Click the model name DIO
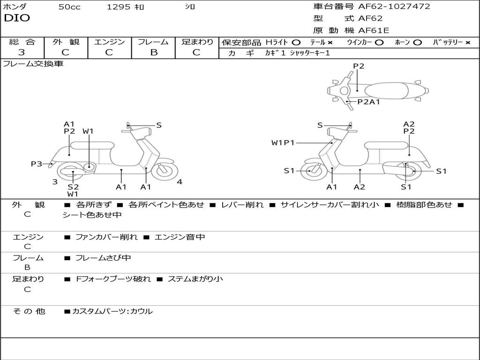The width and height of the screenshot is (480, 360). coord(17,18)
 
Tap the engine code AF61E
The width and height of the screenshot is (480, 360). coord(374,30)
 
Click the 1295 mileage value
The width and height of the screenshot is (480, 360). coord(119,7)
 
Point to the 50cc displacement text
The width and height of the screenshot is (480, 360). coord(69,7)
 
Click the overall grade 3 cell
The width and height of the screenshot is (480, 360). coord(22,52)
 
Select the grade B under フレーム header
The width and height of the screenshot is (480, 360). coord(154,52)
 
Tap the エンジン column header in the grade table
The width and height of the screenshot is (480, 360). coord(109,42)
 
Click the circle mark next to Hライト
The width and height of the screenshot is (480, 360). coord(296,43)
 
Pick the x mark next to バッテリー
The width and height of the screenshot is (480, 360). coord(468,43)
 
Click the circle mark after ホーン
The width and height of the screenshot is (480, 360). coord(418,43)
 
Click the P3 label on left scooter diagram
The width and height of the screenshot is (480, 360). coord(37,164)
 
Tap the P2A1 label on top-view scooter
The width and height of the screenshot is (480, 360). coord(368,102)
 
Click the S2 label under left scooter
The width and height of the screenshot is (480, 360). coord(73,187)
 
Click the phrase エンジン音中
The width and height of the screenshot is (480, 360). coord(180,237)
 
